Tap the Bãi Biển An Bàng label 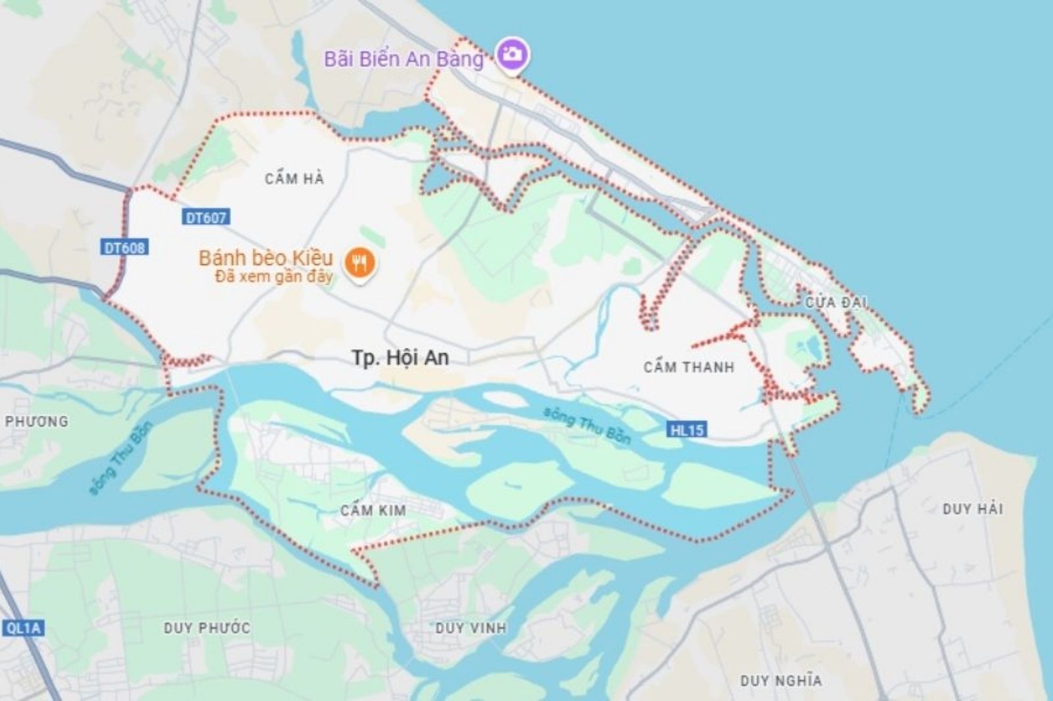[x=403, y=59]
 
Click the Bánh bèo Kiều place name [x=266, y=257]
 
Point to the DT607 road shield [x=205, y=218]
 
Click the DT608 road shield [x=125, y=247]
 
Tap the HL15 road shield [x=687, y=430]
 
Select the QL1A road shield [x=23, y=628]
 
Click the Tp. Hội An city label [x=400, y=358]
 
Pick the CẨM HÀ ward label [x=294, y=178]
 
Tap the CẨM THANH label [x=688, y=367]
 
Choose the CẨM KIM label [x=373, y=510]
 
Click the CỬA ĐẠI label [x=836, y=302]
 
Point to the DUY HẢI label [x=972, y=509]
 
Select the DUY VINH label [x=471, y=628]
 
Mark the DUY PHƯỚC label [x=207, y=628]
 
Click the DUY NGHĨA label [x=781, y=681]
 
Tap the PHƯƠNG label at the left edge [x=36, y=422]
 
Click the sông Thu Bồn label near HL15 [x=587, y=425]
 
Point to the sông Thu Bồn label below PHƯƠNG [x=121, y=458]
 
